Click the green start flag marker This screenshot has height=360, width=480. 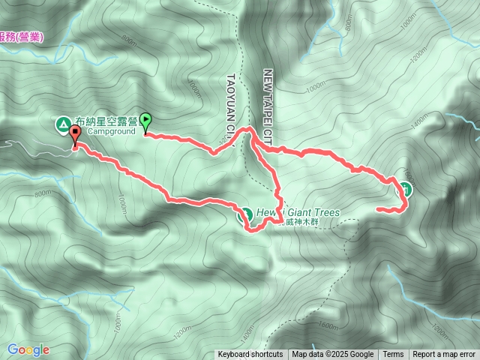point(145,119)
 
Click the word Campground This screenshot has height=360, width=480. point(111,130)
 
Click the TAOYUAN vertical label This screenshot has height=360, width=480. point(232,105)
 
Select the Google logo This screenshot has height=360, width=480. point(28,349)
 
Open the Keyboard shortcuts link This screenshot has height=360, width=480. point(250,355)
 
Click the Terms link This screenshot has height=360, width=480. point(393,355)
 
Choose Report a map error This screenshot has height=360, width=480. point(444,355)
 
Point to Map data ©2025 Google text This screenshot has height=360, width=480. point(333,355)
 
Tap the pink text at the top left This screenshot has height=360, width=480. point(21,36)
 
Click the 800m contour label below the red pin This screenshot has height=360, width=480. point(43,193)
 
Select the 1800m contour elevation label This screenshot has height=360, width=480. point(328,325)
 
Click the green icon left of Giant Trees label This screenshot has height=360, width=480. point(244,214)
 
